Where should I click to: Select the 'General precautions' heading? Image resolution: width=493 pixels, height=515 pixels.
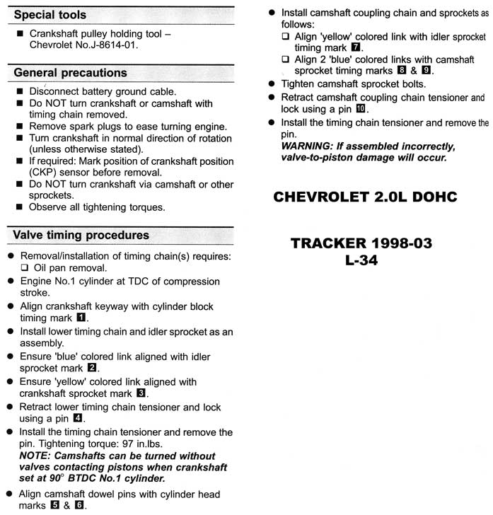click(x=70, y=73)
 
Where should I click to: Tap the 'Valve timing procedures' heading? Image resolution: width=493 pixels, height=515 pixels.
click(x=81, y=235)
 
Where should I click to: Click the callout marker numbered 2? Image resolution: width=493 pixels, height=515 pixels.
click(x=93, y=369)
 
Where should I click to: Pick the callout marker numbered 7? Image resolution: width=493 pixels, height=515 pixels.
click(x=356, y=48)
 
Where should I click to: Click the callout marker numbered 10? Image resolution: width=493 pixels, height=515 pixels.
click(x=361, y=110)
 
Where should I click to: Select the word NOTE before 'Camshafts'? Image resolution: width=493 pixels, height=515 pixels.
click(x=35, y=456)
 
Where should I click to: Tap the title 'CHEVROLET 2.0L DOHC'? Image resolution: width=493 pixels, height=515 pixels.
click(x=365, y=197)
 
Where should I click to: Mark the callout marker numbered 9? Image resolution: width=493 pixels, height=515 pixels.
click(x=426, y=71)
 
